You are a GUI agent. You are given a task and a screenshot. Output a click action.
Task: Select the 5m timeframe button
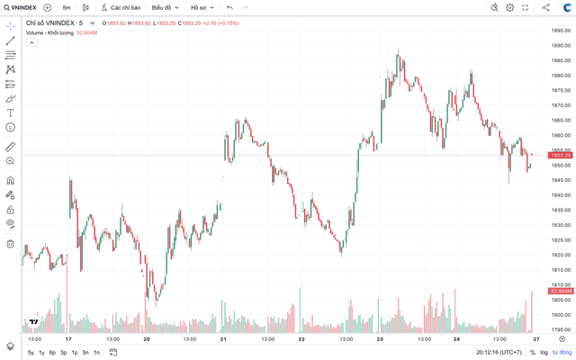67,7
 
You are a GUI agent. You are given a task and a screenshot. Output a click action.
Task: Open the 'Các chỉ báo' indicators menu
121,7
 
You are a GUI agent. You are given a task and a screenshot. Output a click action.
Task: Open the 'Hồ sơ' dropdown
200,7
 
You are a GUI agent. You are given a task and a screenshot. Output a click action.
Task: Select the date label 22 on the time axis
301,339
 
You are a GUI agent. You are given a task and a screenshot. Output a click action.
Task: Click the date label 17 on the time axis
67,339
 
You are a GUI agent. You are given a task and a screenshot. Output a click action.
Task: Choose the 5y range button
31,352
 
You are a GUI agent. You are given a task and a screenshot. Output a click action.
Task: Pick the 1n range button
96,352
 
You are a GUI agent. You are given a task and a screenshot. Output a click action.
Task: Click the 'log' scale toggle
544,352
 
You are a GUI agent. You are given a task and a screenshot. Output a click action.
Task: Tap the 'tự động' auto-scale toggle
561,352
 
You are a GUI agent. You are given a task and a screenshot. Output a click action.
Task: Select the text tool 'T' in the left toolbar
10,112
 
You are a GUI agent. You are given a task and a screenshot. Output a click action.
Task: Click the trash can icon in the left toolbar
10,243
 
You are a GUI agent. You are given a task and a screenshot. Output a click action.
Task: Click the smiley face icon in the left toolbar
10,127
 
